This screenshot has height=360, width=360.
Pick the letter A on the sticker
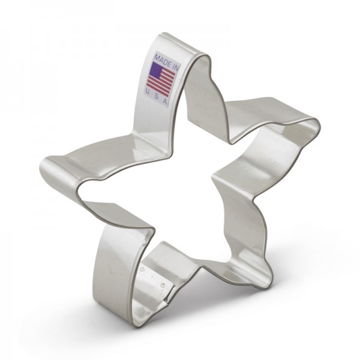tap(164, 102)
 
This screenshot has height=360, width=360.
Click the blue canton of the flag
tap(156, 70)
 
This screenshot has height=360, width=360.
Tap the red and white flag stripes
tap(161, 81)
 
